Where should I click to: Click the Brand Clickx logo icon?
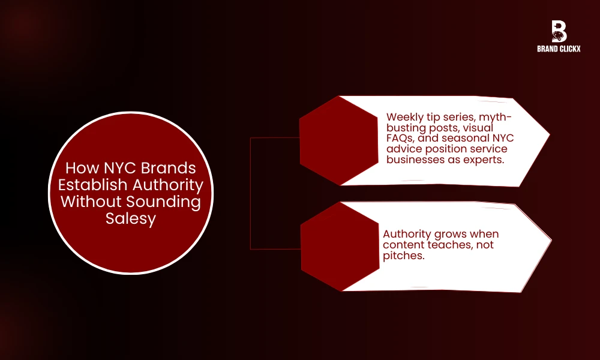(x=559, y=31)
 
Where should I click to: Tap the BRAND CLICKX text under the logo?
(x=559, y=49)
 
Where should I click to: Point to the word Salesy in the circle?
(x=131, y=219)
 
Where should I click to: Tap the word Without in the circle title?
(x=91, y=202)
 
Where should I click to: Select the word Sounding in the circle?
(x=163, y=202)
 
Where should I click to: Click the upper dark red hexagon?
(x=338, y=140)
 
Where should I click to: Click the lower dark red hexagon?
(x=340, y=247)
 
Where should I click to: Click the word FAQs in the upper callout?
(x=400, y=138)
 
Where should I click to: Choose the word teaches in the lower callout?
(x=450, y=245)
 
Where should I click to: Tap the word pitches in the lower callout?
(x=404, y=256)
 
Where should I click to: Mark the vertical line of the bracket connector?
(x=250, y=194)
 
